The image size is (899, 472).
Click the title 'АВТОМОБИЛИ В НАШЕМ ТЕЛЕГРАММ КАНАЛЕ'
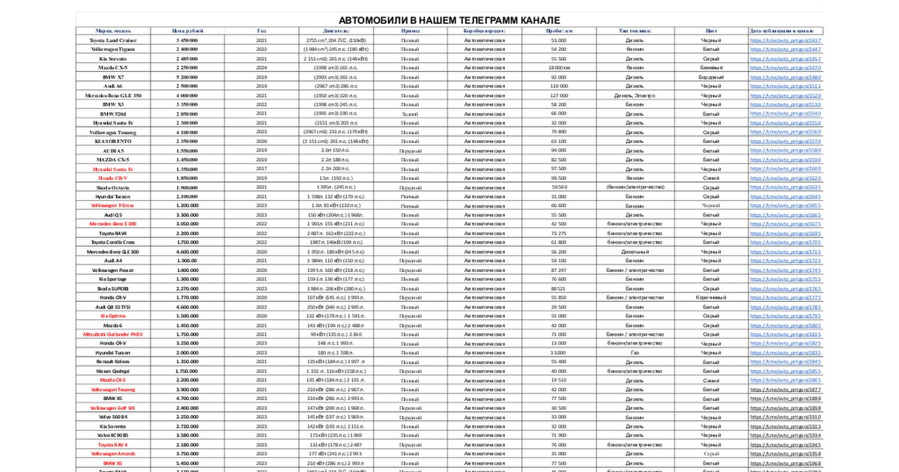click(449, 20)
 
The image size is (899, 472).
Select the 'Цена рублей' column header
click(187, 31)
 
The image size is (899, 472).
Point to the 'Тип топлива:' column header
click(635, 31)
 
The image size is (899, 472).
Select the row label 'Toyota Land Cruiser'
click(113, 40)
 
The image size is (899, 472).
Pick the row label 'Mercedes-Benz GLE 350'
click(113, 96)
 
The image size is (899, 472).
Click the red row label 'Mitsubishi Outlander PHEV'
click(113, 334)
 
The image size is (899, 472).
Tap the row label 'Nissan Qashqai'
click(113, 371)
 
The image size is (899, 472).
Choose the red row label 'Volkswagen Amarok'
click(113, 453)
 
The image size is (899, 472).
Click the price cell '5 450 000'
click(187, 40)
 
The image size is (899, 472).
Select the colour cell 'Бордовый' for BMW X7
click(710, 77)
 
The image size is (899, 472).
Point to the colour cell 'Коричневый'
click(710, 297)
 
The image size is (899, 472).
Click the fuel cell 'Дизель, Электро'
click(635, 96)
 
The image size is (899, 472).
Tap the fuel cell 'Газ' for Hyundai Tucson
click(635, 352)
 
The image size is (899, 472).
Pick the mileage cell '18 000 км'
click(559, 67)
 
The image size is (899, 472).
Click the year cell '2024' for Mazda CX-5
click(261, 67)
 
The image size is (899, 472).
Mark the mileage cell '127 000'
click(559, 96)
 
